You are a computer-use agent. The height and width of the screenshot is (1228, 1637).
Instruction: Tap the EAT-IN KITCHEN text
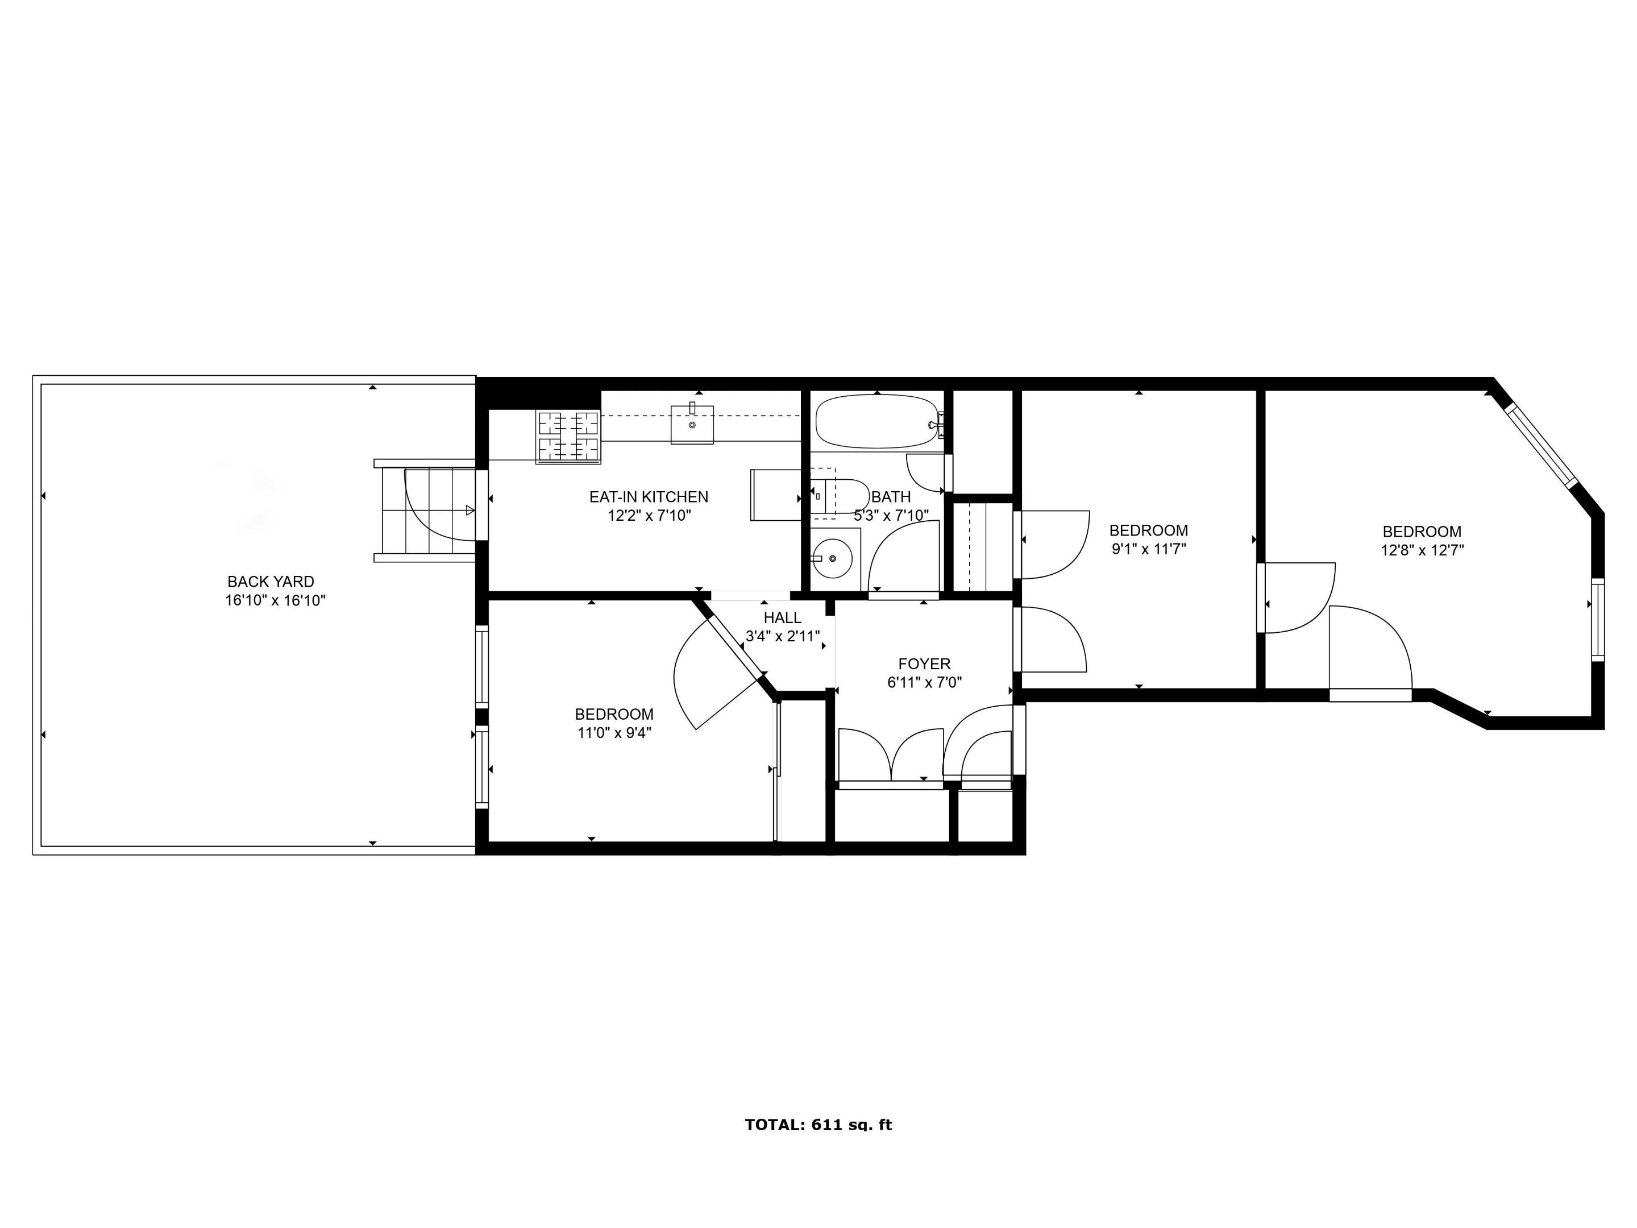coord(649,497)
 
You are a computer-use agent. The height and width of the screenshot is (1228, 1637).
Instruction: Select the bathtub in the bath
coord(876,421)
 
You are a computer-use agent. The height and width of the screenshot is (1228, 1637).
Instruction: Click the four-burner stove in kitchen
coord(568,436)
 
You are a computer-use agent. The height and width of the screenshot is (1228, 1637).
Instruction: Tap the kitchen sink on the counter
coord(692,425)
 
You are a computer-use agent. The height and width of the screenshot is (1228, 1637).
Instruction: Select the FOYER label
coord(924,664)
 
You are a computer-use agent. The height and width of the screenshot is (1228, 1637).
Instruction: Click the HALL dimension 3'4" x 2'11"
coord(782,636)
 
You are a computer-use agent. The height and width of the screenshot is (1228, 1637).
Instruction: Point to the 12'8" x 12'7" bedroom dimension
coord(1422,551)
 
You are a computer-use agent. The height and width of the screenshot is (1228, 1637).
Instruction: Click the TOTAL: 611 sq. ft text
coord(818,1125)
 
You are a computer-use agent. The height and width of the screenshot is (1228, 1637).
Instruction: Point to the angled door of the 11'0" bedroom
coord(729,642)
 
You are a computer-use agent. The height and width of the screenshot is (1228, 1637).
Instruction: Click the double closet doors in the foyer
coord(891,755)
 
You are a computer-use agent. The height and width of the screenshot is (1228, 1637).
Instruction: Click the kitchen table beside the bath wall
coord(775,495)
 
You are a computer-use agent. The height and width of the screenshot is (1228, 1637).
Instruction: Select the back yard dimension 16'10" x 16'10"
coord(275,600)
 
